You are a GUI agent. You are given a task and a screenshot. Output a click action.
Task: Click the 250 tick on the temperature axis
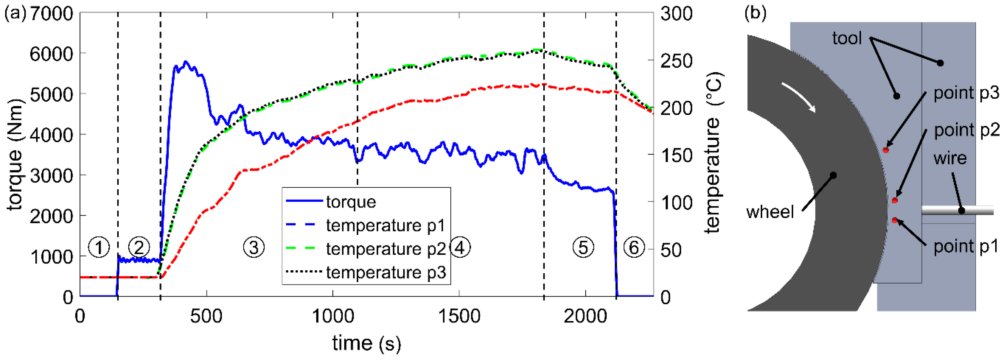[x=676, y=61]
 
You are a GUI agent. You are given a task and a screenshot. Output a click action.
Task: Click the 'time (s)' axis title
[x=366, y=344]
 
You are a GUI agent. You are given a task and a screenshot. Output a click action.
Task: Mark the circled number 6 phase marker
[x=634, y=247]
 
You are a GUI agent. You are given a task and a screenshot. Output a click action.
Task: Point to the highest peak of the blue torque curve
[x=186, y=62]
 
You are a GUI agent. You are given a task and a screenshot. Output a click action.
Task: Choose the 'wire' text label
[x=950, y=158]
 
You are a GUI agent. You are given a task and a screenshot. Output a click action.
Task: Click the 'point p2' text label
[x=966, y=130]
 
